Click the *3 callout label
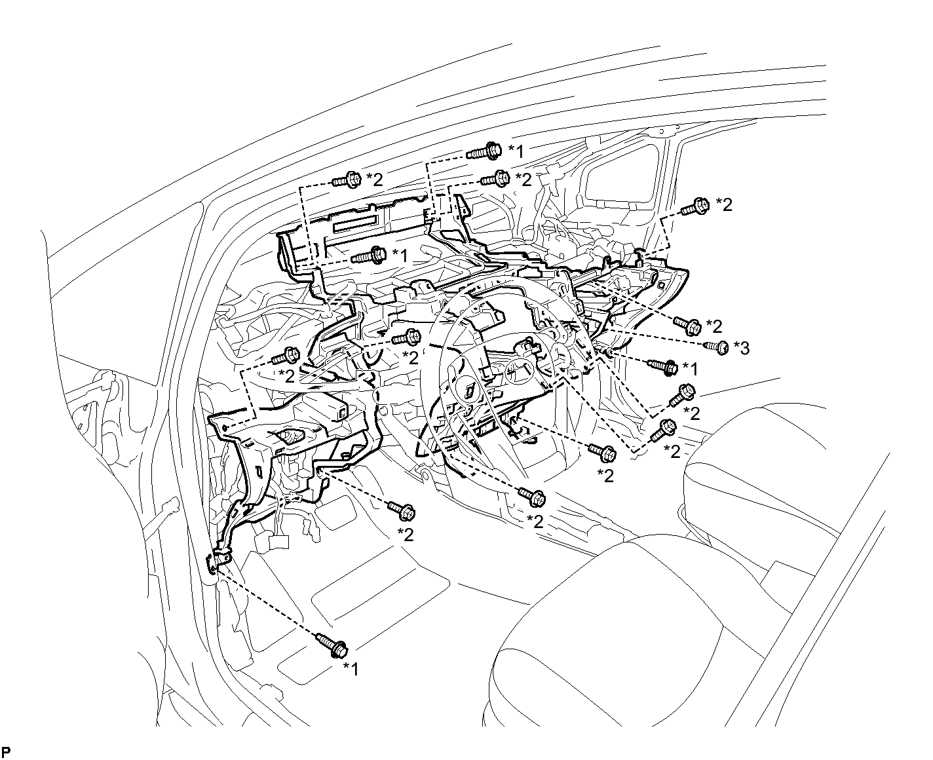pyautogui.click(x=741, y=349)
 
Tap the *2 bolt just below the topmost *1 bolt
pyautogui.click(x=495, y=179)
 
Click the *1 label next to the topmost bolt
pyautogui.click(x=516, y=151)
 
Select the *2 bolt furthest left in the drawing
pyautogui.click(x=286, y=356)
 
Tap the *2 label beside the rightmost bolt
pyautogui.click(x=724, y=204)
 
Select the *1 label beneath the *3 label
pyautogui.click(x=691, y=370)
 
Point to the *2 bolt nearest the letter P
pyautogui.click(x=401, y=511)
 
